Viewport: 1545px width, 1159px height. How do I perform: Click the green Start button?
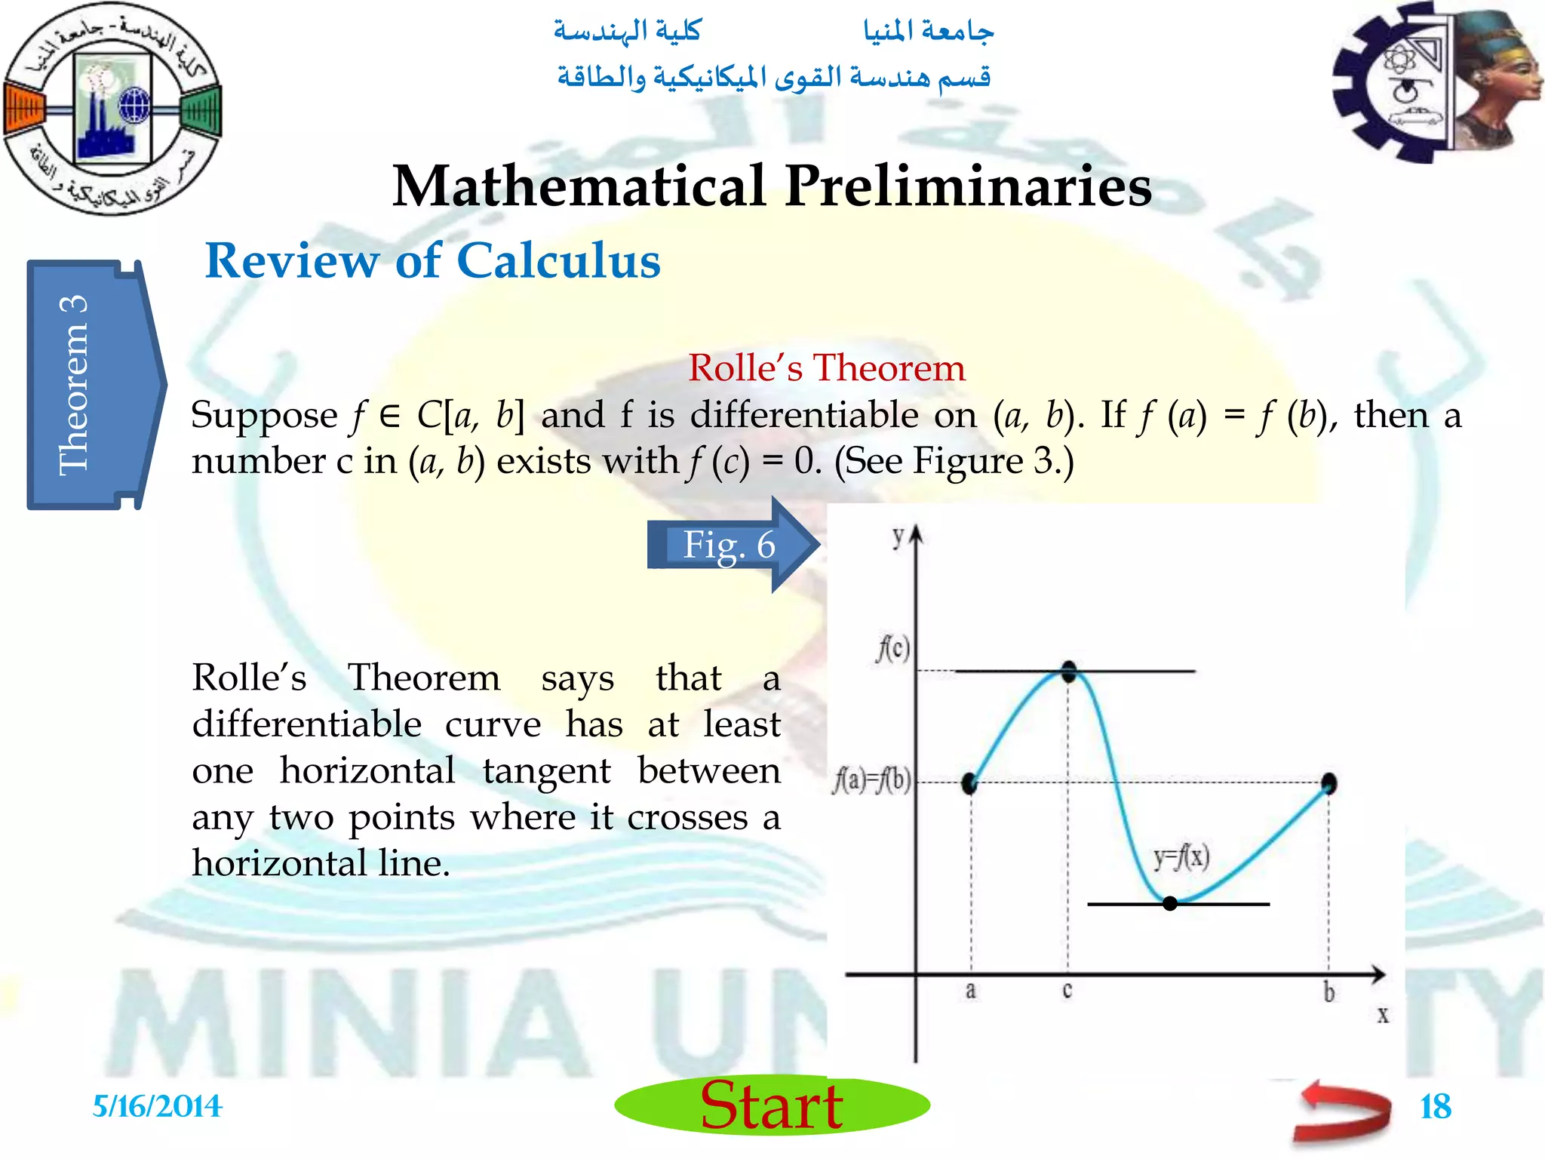click(x=772, y=1105)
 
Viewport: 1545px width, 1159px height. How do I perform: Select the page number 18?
click(x=1435, y=1107)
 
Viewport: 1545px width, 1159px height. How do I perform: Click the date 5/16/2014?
click(x=157, y=1107)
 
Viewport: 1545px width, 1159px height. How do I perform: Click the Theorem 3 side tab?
click(x=91, y=385)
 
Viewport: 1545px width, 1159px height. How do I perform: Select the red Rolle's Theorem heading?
click(x=826, y=368)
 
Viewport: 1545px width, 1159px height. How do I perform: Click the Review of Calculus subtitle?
click(x=432, y=261)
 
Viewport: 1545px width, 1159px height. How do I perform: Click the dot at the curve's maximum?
click(x=1069, y=671)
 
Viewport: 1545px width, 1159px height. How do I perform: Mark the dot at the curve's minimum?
click(x=1170, y=903)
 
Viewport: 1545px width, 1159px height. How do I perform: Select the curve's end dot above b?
click(x=1329, y=783)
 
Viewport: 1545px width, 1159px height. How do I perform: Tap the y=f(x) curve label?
click(x=1181, y=857)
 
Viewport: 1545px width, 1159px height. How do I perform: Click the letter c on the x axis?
click(x=1067, y=990)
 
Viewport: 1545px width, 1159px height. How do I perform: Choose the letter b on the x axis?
click(x=1328, y=992)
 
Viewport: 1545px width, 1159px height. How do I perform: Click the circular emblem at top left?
click(x=112, y=107)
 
